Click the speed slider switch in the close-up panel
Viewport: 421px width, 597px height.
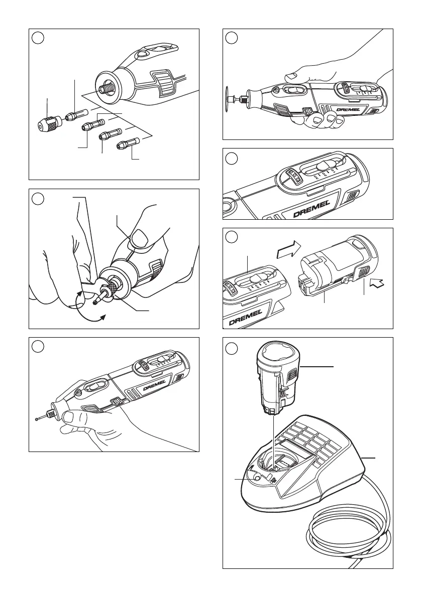[x=327, y=167]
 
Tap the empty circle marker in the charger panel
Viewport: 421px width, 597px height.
[x=231, y=348]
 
